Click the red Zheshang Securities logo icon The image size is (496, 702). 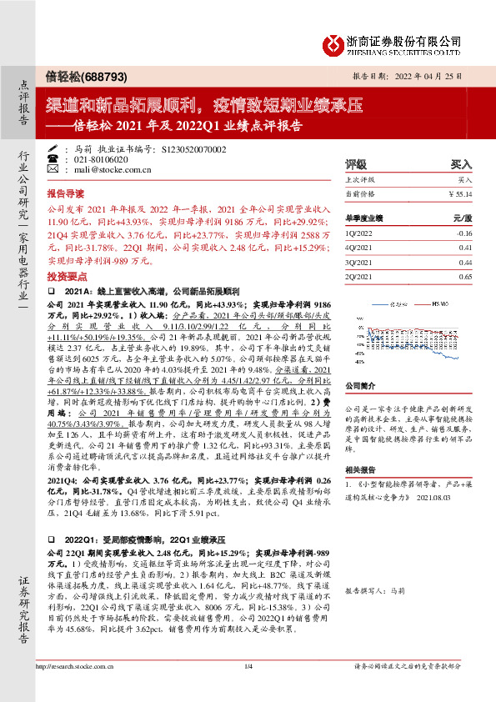[x=333, y=43]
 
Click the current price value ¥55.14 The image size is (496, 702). [x=461, y=193]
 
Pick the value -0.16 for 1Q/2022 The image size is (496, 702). [x=463, y=234]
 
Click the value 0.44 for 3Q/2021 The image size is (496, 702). [x=464, y=262]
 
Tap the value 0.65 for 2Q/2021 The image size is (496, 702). [x=464, y=276]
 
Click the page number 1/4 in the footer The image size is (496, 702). [x=248, y=689]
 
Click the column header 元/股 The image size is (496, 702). [x=462, y=217]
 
